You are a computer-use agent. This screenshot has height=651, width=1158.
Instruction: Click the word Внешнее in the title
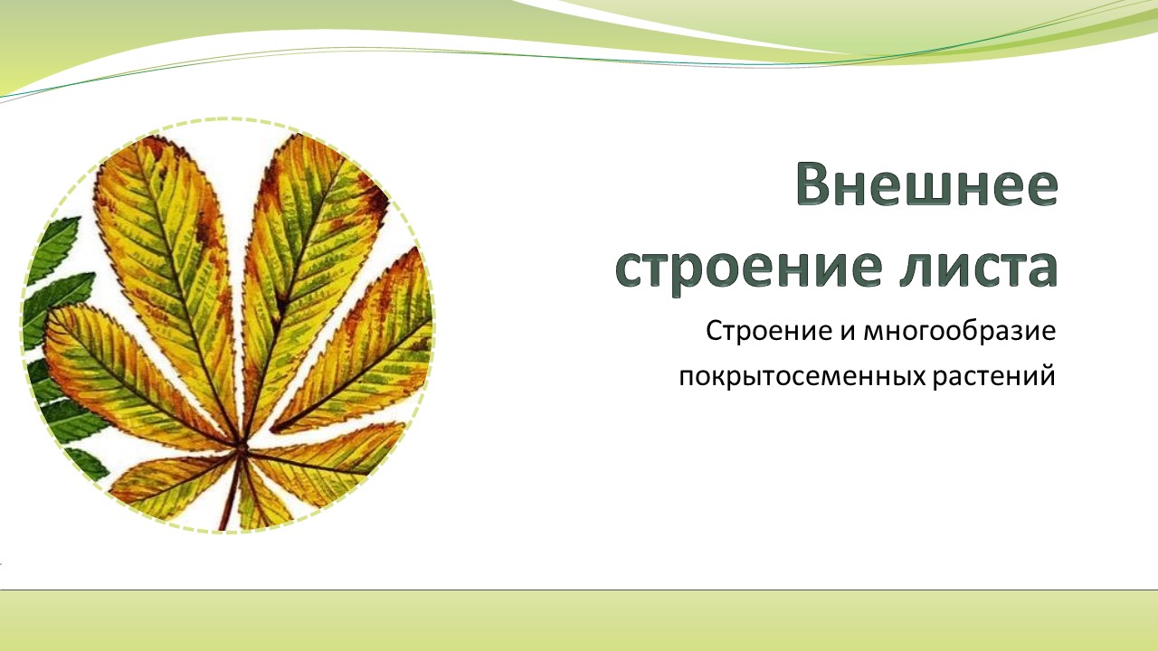click(x=927, y=184)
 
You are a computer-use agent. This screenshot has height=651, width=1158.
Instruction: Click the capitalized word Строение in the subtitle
click(x=768, y=331)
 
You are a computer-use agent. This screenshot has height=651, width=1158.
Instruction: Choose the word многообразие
click(x=960, y=332)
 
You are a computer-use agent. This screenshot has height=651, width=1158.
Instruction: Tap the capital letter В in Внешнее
click(x=812, y=184)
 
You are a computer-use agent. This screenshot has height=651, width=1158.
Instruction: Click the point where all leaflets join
click(x=242, y=446)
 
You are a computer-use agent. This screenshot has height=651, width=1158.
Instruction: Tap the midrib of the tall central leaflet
click(x=289, y=289)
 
